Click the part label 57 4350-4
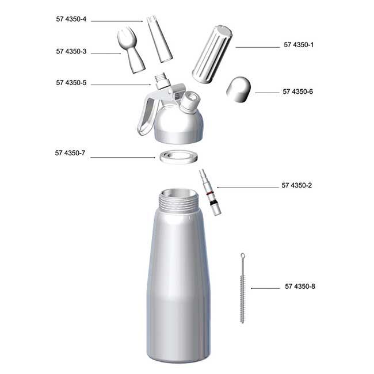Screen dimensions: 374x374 (x=71, y=19)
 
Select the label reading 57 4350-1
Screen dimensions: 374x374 (x=299, y=45)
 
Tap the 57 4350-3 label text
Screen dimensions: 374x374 (x=71, y=51)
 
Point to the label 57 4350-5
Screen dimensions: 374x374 (x=71, y=82)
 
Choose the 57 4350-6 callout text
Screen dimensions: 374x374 (x=297, y=91)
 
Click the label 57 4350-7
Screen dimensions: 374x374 (x=70, y=153)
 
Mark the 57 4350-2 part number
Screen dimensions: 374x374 (x=296, y=185)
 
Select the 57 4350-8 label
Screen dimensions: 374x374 (x=300, y=286)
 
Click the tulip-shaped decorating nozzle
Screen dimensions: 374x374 (x=131, y=49)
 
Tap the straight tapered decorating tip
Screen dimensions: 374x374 (x=159, y=39)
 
